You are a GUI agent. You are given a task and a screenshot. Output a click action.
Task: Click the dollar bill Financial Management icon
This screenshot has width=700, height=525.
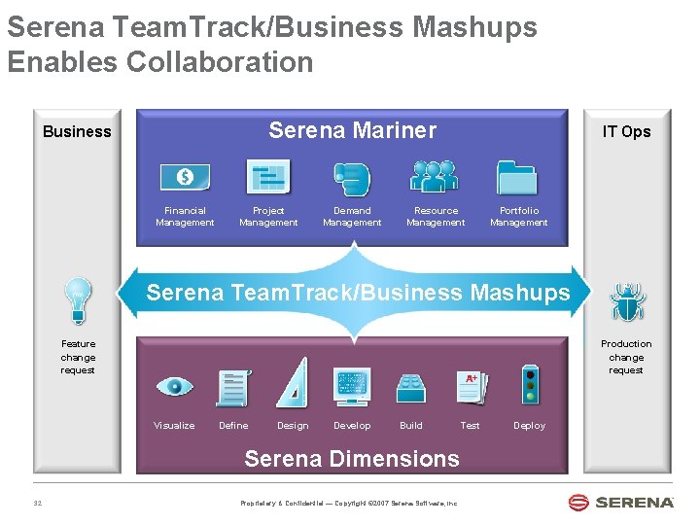pyautogui.click(x=185, y=177)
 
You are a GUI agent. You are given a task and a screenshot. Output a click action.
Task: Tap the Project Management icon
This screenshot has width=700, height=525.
pyautogui.click(x=268, y=177)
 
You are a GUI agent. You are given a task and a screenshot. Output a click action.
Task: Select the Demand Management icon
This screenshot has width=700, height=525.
pyautogui.click(x=351, y=178)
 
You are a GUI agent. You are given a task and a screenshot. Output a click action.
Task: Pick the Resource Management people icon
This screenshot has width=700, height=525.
pyautogui.click(x=435, y=176)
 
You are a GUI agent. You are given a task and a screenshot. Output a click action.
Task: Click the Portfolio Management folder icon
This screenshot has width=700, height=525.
pyautogui.click(x=517, y=177)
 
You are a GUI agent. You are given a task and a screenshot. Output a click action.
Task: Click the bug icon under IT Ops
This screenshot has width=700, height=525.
pyautogui.click(x=627, y=301)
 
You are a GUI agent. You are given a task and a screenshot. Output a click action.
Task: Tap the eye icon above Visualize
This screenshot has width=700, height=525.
pyautogui.click(x=175, y=386)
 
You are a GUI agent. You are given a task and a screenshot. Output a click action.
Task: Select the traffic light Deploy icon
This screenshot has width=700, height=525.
pyautogui.click(x=529, y=386)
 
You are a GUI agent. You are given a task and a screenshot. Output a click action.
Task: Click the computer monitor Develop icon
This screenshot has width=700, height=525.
pyautogui.click(x=351, y=386)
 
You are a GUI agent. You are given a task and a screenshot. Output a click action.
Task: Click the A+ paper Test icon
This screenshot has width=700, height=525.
pyautogui.click(x=471, y=386)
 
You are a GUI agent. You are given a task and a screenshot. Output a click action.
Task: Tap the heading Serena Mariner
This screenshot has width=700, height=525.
pyautogui.click(x=352, y=130)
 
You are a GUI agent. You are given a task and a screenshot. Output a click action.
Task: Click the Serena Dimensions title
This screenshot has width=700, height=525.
pyautogui.click(x=351, y=458)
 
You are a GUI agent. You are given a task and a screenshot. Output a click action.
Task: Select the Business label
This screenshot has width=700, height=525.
pyautogui.click(x=77, y=131)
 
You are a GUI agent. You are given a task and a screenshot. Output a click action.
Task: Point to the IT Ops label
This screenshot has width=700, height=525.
pyautogui.click(x=626, y=131)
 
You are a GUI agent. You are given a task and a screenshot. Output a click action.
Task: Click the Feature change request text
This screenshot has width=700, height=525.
pyautogui.click(x=78, y=357)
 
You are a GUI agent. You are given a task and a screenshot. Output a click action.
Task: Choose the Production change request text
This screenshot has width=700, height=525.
pyautogui.click(x=626, y=357)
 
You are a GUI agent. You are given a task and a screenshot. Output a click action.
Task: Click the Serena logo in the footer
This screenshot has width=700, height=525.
pyautogui.click(x=621, y=502)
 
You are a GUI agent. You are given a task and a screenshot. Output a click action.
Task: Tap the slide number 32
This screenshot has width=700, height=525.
pyautogui.click(x=38, y=503)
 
